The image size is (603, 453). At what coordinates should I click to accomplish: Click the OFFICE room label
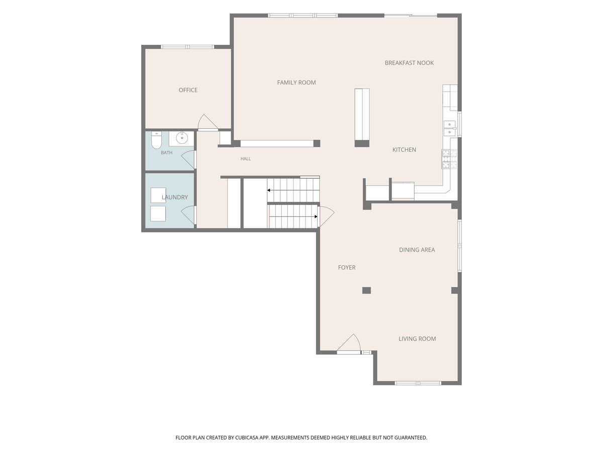coord(188,90)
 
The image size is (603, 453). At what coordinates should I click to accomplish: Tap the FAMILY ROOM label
coord(296,83)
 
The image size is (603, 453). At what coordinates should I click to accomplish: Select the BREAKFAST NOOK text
coord(409,63)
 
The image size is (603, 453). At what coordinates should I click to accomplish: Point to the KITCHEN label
coord(404,149)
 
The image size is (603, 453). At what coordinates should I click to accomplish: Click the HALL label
coord(246,159)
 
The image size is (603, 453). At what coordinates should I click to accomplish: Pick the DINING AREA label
coord(417,250)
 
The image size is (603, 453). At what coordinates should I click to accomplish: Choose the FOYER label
coord(347,267)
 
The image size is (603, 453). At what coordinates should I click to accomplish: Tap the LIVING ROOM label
coord(417,339)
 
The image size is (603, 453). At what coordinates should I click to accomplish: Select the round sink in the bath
coord(181,138)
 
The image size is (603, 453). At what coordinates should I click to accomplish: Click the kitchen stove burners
coord(449,159)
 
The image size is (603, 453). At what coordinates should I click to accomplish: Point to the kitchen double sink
coord(449,128)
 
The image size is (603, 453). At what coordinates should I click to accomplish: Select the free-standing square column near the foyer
coord(366,290)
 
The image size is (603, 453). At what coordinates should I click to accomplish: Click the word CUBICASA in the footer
coord(247,437)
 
